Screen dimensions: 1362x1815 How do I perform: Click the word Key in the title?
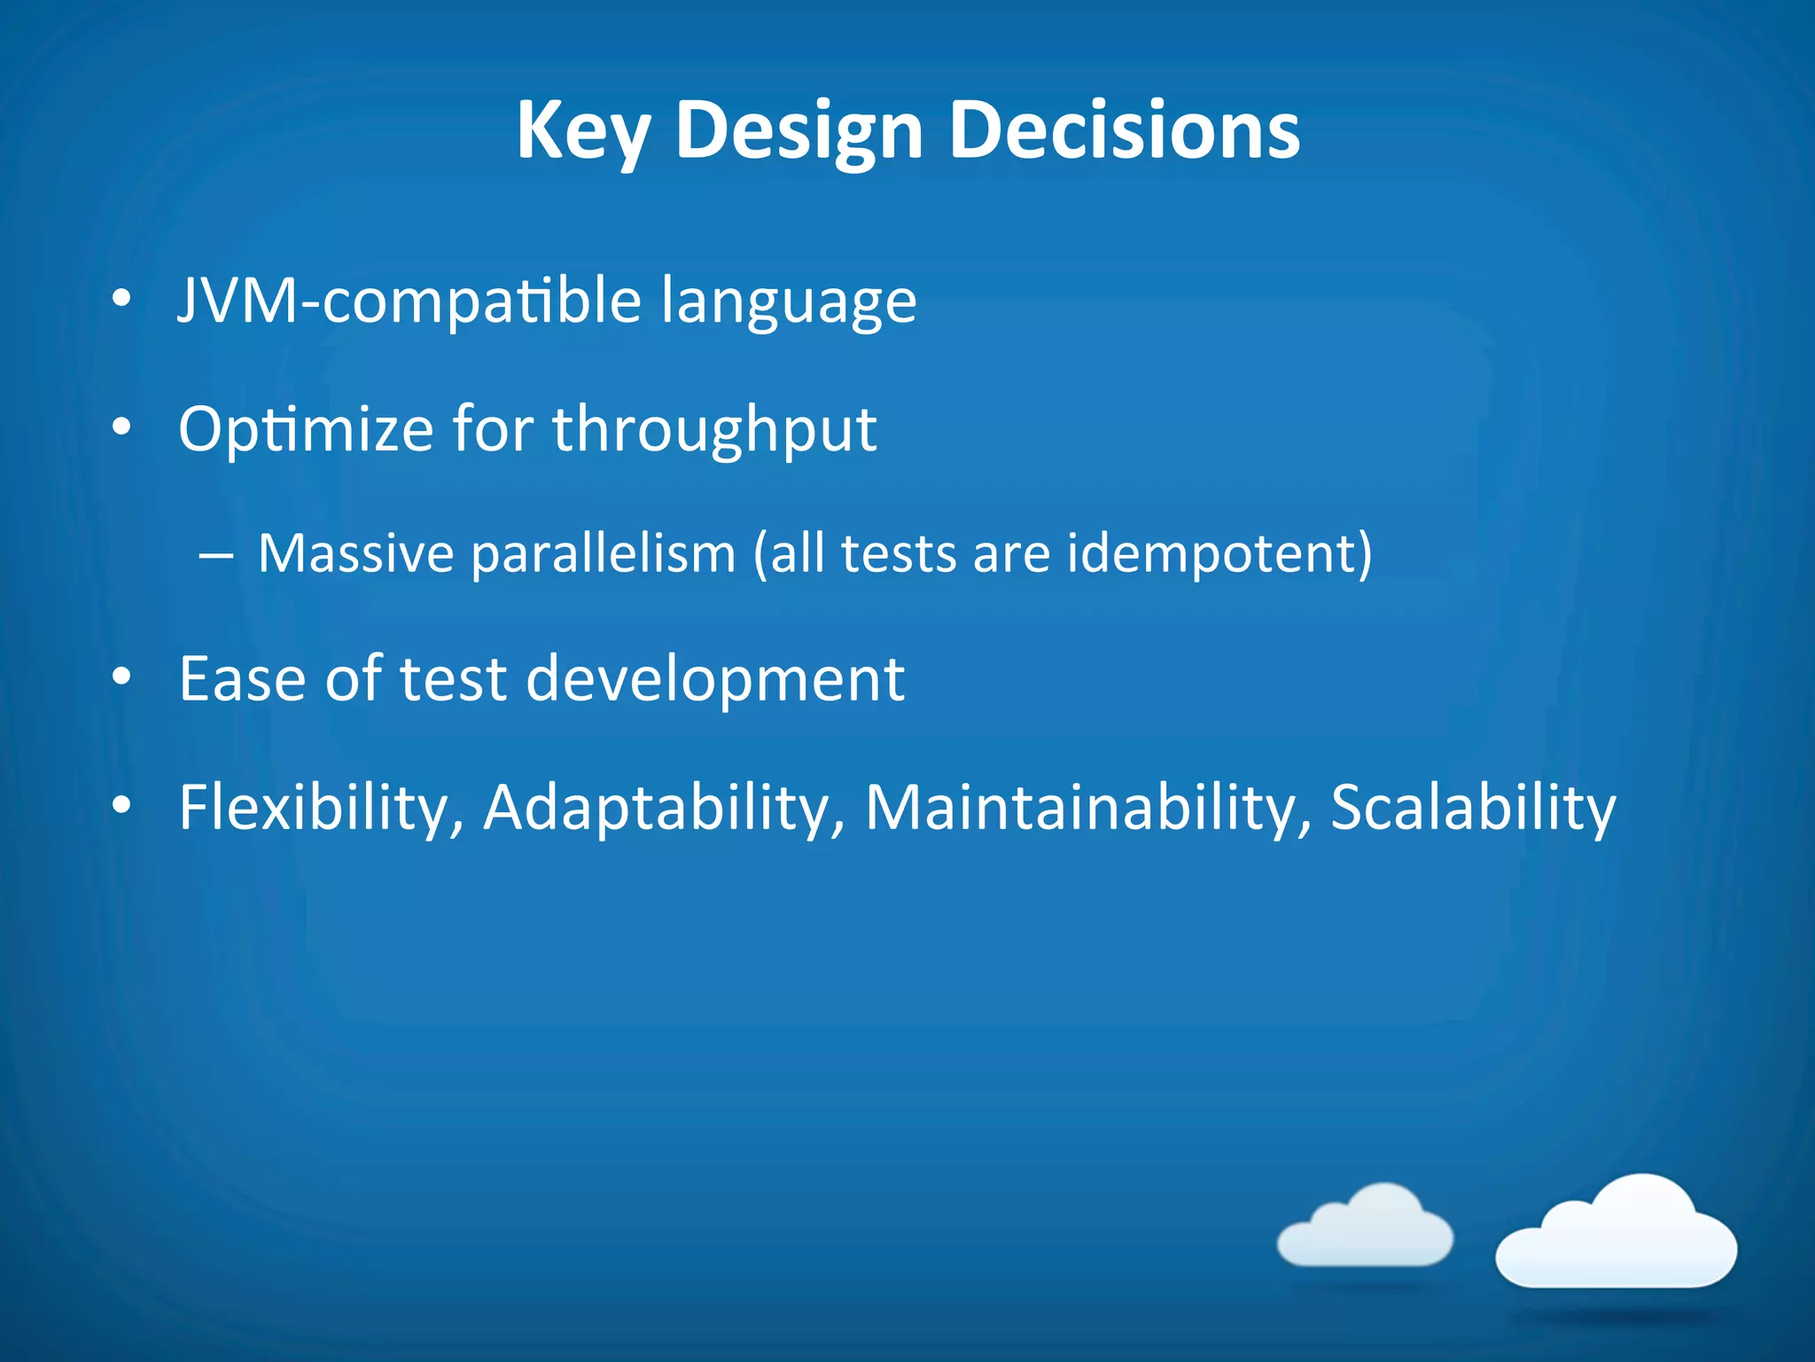(x=582, y=131)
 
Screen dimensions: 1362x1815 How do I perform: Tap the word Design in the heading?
(x=799, y=131)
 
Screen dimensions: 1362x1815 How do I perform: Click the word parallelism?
(x=603, y=554)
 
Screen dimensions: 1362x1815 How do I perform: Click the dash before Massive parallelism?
(x=216, y=557)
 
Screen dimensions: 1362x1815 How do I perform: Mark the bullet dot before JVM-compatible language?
(x=121, y=299)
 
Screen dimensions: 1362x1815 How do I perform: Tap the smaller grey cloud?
(x=1365, y=1228)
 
